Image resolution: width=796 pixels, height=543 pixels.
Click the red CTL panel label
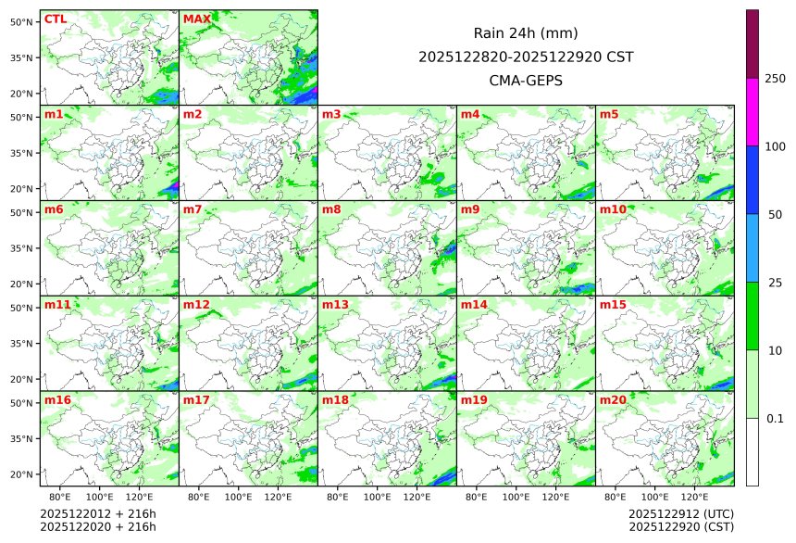coord(55,19)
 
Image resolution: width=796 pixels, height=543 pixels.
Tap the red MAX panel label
coord(197,19)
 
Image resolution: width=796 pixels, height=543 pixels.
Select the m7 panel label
coord(193,209)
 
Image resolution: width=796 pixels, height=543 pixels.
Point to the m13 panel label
coord(335,304)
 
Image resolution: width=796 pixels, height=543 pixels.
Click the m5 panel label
coord(609,114)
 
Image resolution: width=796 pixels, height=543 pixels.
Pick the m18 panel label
coord(335,399)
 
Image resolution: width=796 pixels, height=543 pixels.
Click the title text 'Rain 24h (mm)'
coord(526,33)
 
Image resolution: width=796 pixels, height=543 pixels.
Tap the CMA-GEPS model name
coord(526,81)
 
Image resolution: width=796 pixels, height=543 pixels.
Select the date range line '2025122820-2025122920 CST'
coord(526,57)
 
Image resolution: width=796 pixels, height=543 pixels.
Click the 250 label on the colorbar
coord(775,78)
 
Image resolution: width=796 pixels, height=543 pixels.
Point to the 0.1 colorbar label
coord(775,418)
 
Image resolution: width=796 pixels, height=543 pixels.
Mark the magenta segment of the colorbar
coord(752,111)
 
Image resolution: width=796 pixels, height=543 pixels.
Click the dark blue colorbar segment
coord(752,180)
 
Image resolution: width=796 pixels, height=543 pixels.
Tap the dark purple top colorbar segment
coord(752,44)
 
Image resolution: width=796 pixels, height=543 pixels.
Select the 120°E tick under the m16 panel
coord(140,498)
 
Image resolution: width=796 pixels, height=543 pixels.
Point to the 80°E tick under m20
coord(616,498)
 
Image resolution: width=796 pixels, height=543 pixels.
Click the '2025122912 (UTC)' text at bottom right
coord(680,513)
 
